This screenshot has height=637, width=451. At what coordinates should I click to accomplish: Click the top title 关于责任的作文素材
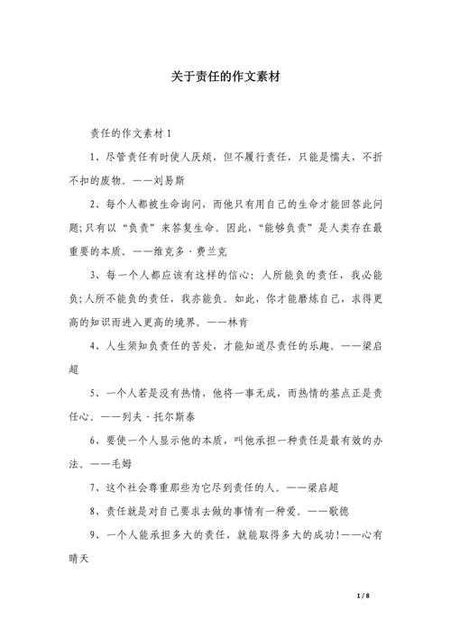click(x=225, y=77)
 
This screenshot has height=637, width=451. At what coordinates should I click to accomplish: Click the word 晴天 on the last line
click(x=80, y=557)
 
